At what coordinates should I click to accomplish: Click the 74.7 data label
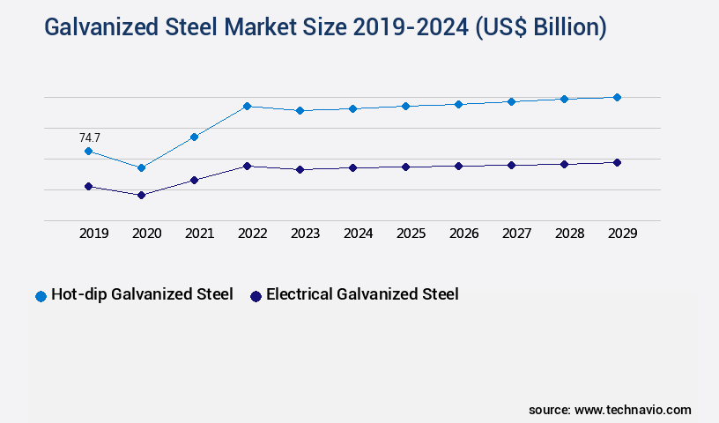pyautogui.click(x=90, y=137)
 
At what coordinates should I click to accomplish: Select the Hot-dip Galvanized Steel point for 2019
pyautogui.click(x=88, y=152)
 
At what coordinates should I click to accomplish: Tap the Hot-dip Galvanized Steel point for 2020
pyautogui.click(x=141, y=167)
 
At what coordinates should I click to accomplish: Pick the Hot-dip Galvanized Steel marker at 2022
pyautogui.click(x=247, y=106)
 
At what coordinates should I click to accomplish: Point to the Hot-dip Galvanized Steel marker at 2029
pyautogui.click(x=617, y=97)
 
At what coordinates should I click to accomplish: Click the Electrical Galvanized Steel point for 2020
pyautogui.click(x=141, y=195)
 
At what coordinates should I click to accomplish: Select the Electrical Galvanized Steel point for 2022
pyautogui.click(x=247, y=166)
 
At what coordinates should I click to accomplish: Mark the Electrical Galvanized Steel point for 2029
pyautogui.click(x=617, y=162)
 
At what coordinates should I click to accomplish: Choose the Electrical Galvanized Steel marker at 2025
pyautogui.click(x=405, y=167)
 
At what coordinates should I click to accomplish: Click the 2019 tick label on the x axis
pyautogui.click(x=94, y=234)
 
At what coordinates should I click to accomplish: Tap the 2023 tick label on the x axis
pyautogui.click(x=306, y=234)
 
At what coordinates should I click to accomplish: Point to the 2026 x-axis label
pyautogui.click(x=464, y=234)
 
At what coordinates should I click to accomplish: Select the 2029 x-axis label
pyautogui.click(x=623, y=234)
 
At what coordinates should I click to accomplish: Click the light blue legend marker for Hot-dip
pyautogui.click(x=41, y=296)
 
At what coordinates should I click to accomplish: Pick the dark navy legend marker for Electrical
pyautogui.click(x=256, y=296)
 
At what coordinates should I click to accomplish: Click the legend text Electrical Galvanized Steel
pyautogui.click(x=362, y=294)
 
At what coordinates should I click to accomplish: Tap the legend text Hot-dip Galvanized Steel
pyautogui.click(x=142, y=294)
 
